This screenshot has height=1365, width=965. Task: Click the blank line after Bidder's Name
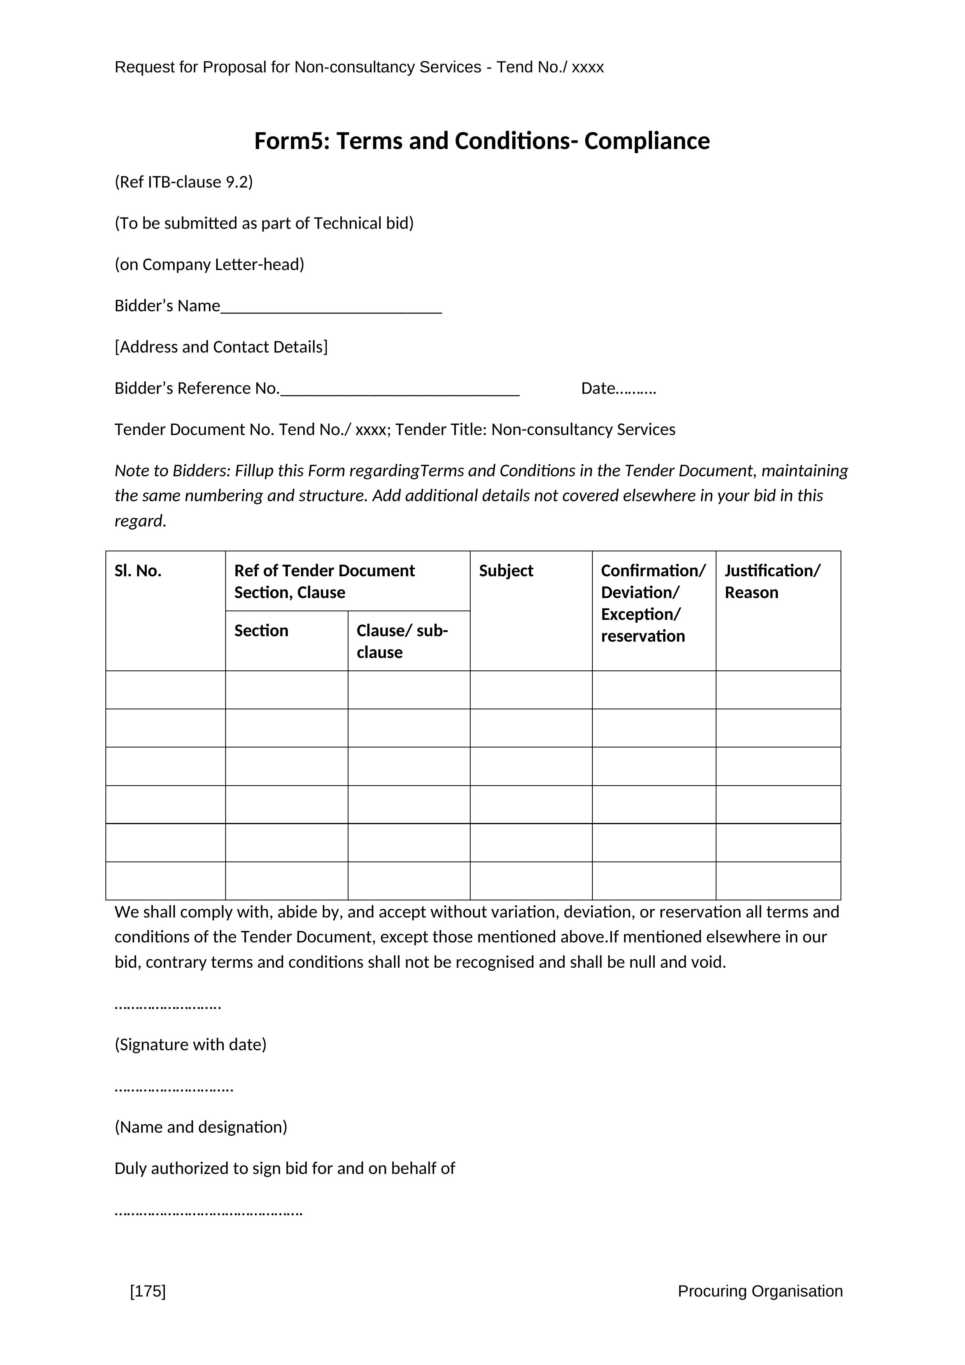point(331,308)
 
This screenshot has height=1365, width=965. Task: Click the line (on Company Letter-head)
point(209,265)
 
